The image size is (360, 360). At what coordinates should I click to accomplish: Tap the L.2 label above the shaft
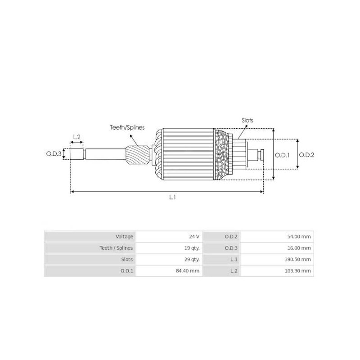(76, 137)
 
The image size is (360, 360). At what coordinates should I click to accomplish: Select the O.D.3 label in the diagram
(54, 154)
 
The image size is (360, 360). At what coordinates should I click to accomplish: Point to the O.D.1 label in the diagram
(282, 154)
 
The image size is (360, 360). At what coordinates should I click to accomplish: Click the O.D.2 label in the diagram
(306, 154)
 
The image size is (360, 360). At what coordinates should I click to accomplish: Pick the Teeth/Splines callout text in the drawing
(127, 128)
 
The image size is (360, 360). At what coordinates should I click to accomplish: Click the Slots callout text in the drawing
(247, 120)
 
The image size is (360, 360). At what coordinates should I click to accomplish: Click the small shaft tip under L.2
(77, 154)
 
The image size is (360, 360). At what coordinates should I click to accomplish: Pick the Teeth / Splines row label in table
(116, 248)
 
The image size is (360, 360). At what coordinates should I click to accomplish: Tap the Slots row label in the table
(126, 260)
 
